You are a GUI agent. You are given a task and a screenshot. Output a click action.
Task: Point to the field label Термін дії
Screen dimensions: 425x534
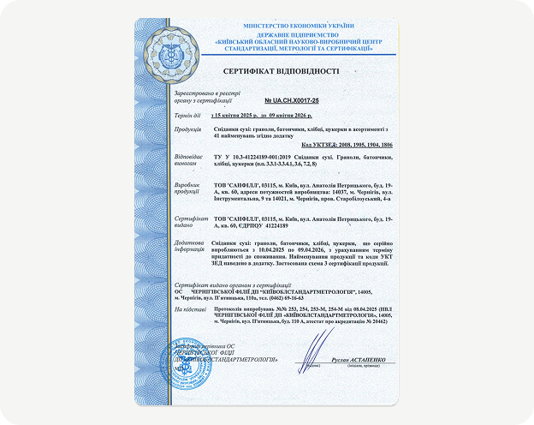[x=187, y=115]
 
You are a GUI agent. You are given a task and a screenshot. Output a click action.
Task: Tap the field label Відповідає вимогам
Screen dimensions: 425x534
[x=190, y=161]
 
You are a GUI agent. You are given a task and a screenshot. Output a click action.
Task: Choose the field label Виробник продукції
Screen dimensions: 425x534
[x=188, y=188]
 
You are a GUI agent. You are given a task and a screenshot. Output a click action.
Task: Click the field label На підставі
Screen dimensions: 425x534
[x=188, y=308]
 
